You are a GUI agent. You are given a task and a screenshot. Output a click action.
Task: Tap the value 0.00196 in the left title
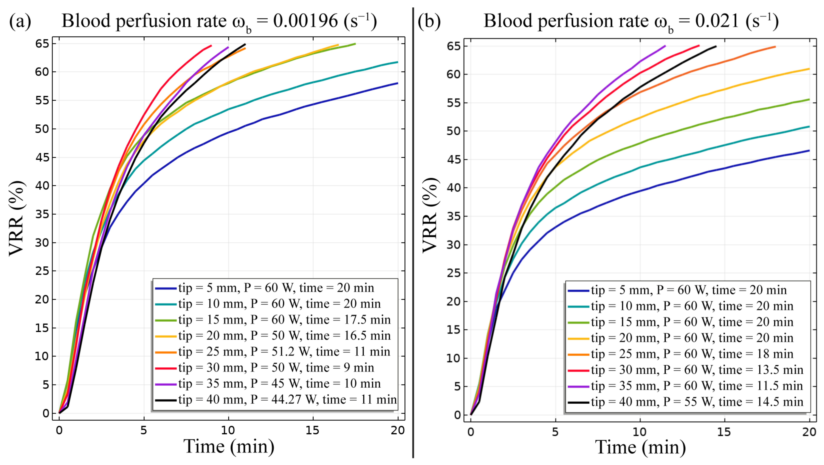(x=305, y=21)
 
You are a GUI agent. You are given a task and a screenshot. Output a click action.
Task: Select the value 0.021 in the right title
(x=717, y=21)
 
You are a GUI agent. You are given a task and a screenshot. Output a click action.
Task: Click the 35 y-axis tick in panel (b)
(x=453, y=216)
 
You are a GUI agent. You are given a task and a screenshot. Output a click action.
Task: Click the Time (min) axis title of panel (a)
(x=229, y=447)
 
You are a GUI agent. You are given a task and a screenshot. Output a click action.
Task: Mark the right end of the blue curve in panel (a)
(x=398, y=83)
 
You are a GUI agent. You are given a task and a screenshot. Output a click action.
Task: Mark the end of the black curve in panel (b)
(x=716, y=46)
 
